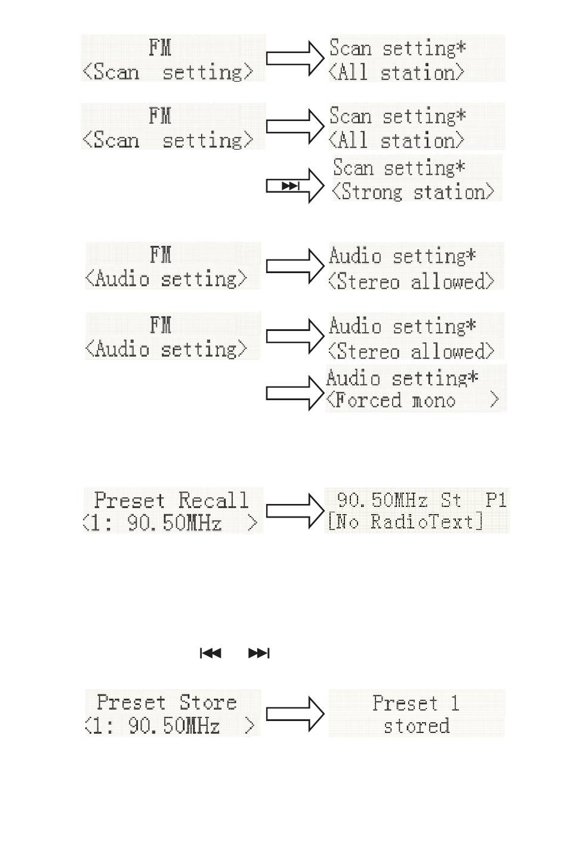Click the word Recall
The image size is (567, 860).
(213, 500)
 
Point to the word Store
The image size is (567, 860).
(208, 702)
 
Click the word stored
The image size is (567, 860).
(417, 726)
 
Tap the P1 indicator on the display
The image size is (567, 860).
(496, 500)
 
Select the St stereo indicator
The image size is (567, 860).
(451, 500)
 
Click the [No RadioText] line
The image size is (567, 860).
(405, 522)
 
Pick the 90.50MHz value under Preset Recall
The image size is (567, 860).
(174, 523)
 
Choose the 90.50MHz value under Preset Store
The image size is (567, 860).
(174, 726)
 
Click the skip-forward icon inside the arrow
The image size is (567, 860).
(291, 186)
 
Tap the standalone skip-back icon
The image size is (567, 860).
(211, 653)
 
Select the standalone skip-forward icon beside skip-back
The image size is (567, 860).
(259, 653)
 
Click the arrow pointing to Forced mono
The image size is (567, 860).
(295, 393)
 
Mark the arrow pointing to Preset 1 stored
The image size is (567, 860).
(295, 714)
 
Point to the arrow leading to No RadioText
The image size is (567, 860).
(295, 511)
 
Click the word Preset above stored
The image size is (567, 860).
(405, 703)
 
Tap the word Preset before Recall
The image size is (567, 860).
(130, 500)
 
